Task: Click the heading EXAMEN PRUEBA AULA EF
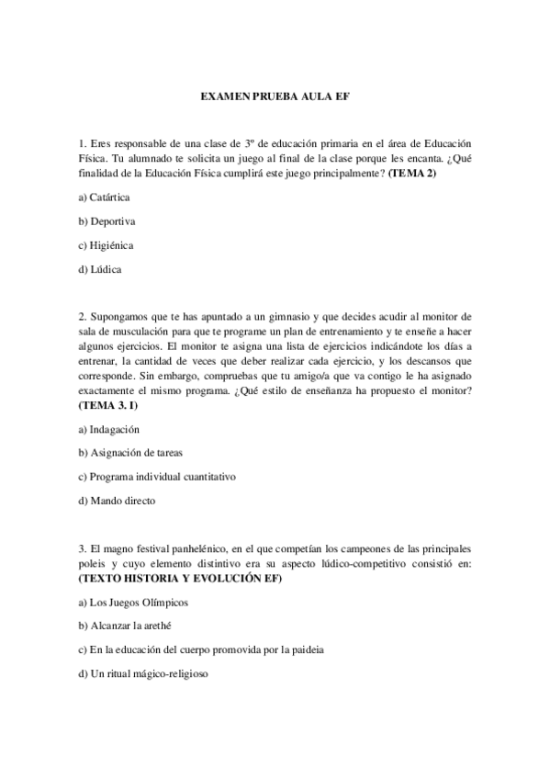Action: pyautogui.click(x=275, y=95)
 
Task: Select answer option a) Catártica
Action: pyautogui.click(x=105, y=198)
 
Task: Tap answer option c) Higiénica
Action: pyautogui.click(x=107, y=245)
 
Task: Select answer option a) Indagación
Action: pyautogui.click(x=109, y=429)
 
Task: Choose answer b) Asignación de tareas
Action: pyautogui.click(x=128, y=453)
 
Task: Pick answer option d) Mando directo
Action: pyautogui.click(x=118, y=501)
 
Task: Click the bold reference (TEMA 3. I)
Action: pyautogui.click(x=108, y=401)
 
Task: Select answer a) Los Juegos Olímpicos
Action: pyautogui.click(x=132, y=602)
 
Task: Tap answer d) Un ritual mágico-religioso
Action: pyautogui.click(x=144, y=673)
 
